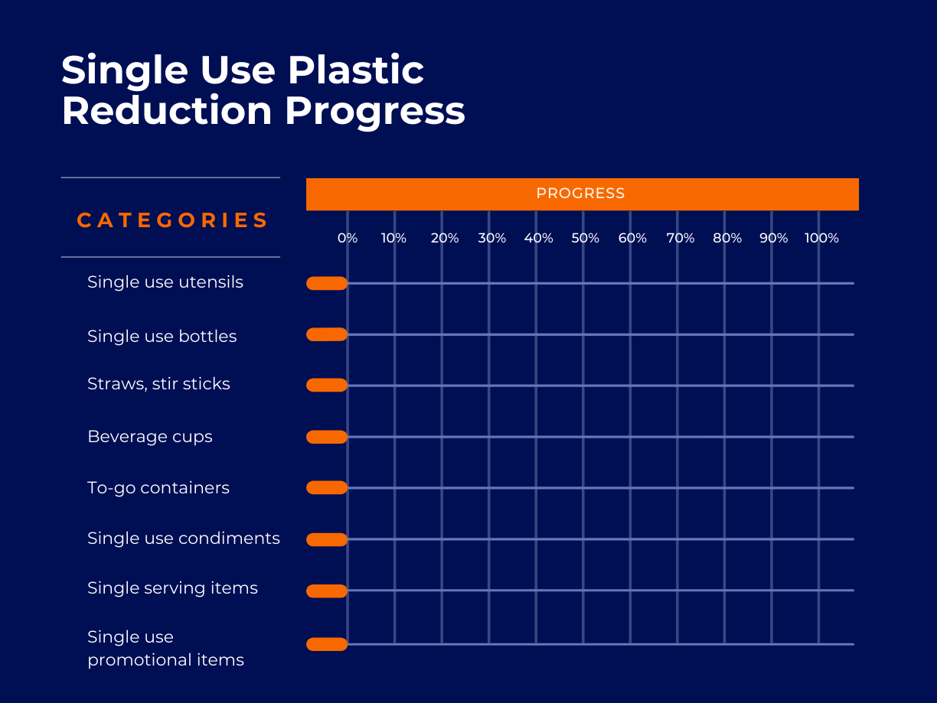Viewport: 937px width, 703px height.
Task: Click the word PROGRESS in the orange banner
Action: (580, 194)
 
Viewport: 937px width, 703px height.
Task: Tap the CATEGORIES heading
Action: (172, 220)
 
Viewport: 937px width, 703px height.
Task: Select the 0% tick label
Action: (348, 238)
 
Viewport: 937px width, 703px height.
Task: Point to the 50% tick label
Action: (586, 238)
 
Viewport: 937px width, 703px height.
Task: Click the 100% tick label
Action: (821, 238)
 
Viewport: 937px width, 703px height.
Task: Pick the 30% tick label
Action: (491, 238)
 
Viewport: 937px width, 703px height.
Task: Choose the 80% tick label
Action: (727, 238)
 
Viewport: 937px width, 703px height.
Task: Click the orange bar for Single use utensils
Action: (327, 283)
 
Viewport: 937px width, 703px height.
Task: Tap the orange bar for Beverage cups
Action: (327, 437)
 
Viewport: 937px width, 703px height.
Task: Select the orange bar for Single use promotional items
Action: (327, 644)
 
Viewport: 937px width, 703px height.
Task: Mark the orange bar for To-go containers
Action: (327, 487)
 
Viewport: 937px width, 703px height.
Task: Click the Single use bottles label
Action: (162, 337)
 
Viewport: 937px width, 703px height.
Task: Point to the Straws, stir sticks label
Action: (158, 384)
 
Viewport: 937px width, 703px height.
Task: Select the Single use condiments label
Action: (183, 539)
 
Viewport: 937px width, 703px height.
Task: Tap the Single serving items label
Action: (172, 588)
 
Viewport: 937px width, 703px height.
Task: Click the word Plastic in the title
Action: (356, 71)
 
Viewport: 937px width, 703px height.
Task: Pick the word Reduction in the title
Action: (167, 111)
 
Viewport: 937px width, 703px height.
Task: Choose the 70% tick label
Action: (680, 238)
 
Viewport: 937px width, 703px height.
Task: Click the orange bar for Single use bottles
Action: (327, 334)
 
